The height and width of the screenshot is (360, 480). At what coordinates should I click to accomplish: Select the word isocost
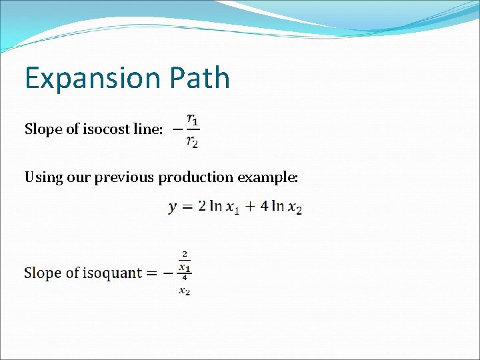(x=106, y=129)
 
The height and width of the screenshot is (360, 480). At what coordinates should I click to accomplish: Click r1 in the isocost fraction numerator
(x=192, y=119)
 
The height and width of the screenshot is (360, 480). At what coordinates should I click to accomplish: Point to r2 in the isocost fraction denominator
(x=192, y=140)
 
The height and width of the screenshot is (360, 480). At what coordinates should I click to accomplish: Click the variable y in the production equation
(x=172, y=208)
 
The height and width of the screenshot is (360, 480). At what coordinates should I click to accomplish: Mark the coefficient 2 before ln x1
(x=202, y=207)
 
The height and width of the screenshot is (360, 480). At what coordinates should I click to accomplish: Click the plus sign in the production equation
(x=249, y=207)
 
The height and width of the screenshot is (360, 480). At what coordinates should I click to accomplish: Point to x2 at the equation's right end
(x=295, y=208)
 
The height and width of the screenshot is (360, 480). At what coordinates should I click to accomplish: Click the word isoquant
(x=113, y=273)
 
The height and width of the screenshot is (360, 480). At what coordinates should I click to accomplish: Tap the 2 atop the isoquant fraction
(x=184, y=254)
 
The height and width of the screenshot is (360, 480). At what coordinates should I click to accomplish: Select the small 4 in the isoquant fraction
(x=184, y=277)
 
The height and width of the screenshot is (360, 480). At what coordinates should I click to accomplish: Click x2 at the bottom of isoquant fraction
(x=184, y=290)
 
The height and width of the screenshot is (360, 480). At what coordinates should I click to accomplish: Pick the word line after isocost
(x=147, y=129)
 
